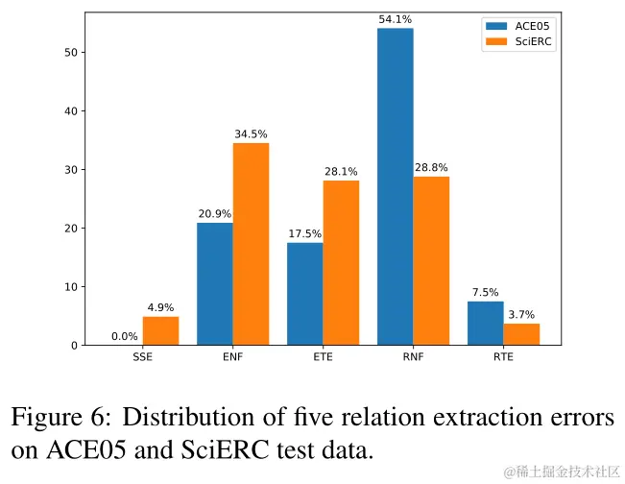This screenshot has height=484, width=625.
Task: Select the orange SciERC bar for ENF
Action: click(251, 244)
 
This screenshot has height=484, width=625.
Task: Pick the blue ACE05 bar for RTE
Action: click(485, 323)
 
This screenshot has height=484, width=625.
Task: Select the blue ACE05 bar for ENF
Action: click(214, 283)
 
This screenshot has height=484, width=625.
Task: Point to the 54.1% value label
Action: click(395, 17)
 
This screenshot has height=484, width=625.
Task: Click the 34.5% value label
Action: click(251, 133)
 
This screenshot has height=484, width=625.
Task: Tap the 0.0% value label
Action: click(125, 336)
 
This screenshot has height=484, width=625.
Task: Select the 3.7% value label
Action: click(521, 314)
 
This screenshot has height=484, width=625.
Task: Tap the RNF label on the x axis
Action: click(413, 358)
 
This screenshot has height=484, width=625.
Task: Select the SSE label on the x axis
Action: click(142, 358)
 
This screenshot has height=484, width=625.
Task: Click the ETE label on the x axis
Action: click(323, 358)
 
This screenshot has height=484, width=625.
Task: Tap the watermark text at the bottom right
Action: click(562, 471)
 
